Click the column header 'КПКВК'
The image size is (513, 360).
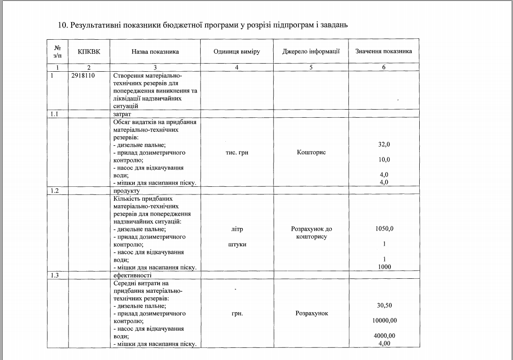[89, 51]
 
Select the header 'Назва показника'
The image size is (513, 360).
[155, 51]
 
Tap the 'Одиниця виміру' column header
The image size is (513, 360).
[237, 51]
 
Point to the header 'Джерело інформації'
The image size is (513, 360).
[311, 51]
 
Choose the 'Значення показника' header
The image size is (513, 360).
[384, 51]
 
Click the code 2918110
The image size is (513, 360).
[83, 76]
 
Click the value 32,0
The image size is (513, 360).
[384, 144]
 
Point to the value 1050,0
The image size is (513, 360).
[384, 229]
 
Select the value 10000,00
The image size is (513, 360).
[384, 321]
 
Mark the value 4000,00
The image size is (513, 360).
[384, 336]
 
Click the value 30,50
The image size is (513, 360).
[384, 305]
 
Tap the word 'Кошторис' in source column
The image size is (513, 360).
[311, 152]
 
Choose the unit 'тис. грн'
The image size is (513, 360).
[237, 152]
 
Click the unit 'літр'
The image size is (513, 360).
[237, 229]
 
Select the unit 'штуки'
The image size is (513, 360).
[237, 244]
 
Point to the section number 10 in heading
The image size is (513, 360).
[62, 24]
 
